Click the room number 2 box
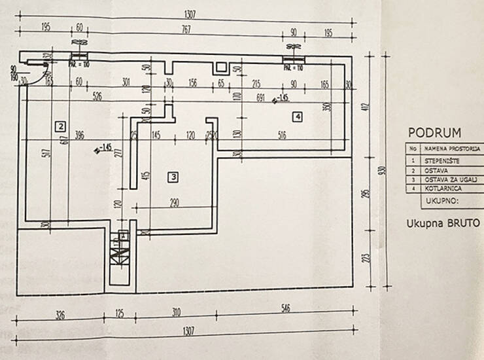(60, 126)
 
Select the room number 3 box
(173, 176)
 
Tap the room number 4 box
(298, 117)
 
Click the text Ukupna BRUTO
(443, 223)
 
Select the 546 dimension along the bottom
(286, 307)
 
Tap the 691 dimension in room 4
(261, 98)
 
